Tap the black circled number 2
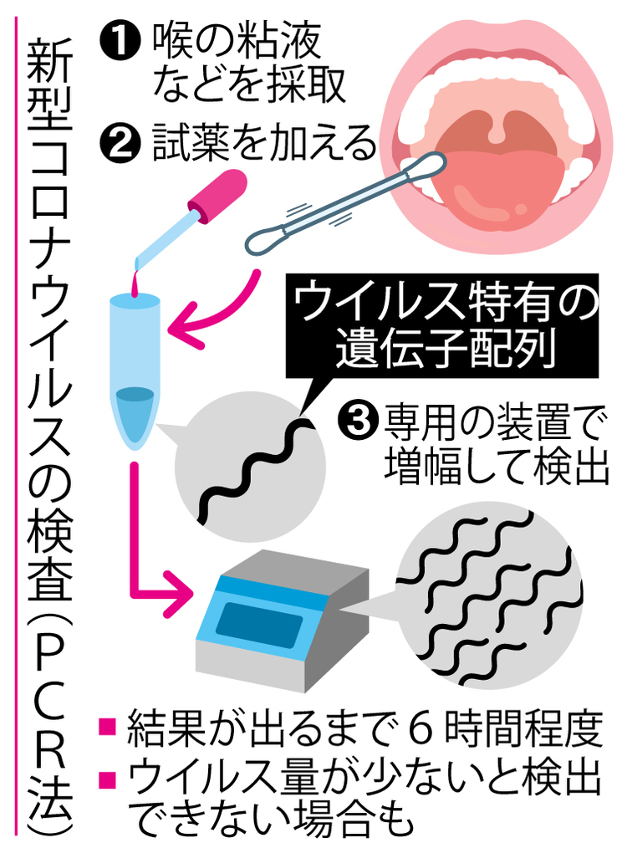(120, 140)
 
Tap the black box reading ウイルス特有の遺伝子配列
(441, 326)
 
